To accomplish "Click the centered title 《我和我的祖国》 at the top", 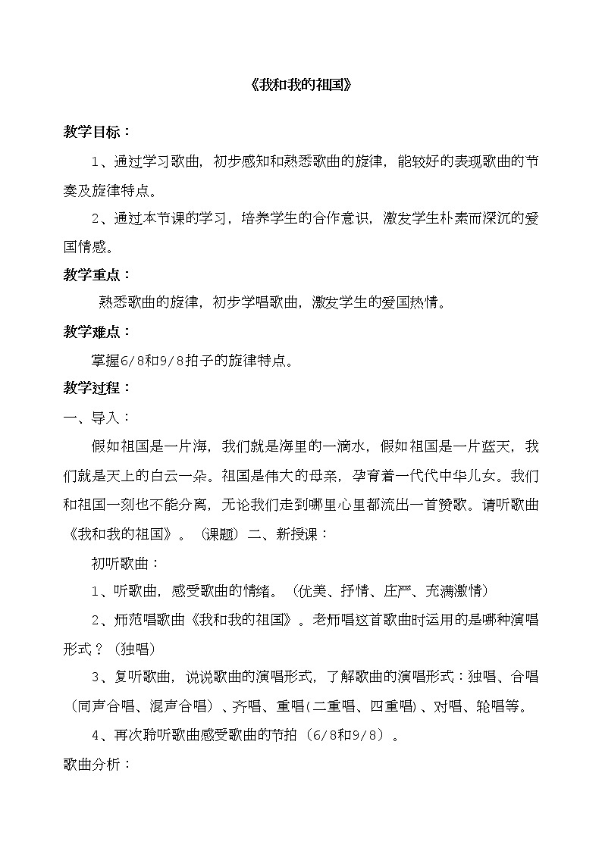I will [301, 86].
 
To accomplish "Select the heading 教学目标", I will [97, 131].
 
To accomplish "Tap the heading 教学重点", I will [97, 274].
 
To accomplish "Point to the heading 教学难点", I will [97, 331].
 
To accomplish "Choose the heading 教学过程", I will [97, 388].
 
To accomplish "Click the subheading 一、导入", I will [97, 418].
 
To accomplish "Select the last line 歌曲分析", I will [97, 763].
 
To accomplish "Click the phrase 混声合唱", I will [180, 706].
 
